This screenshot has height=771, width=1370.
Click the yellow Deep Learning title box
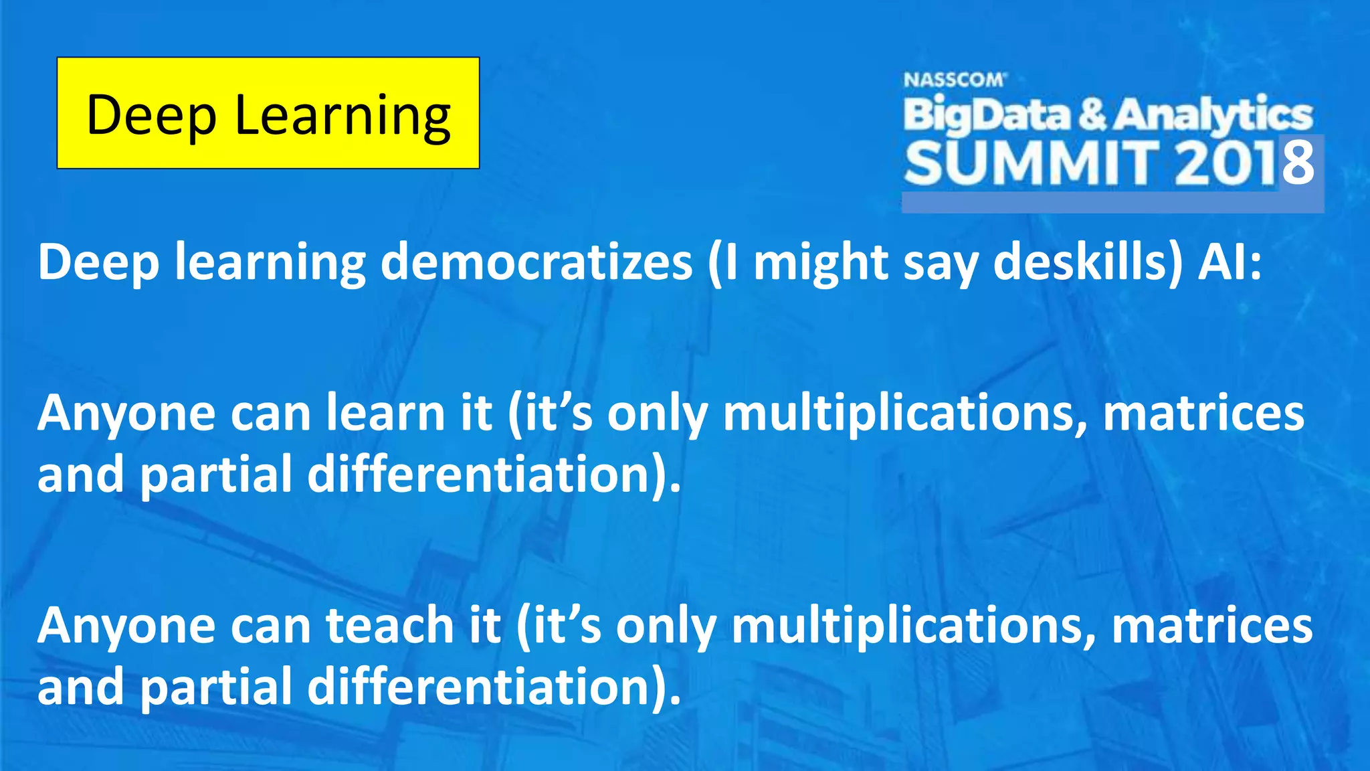[x=268, y=112]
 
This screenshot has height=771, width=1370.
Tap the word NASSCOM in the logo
[x=953, y=80]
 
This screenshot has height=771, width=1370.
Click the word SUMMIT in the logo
[x=1030, y=163]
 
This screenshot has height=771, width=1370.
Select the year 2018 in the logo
[x=1244, y=163]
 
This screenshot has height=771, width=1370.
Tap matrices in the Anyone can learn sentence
[x=1203, y=413]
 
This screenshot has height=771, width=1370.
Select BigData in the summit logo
[x=987, y=115]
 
